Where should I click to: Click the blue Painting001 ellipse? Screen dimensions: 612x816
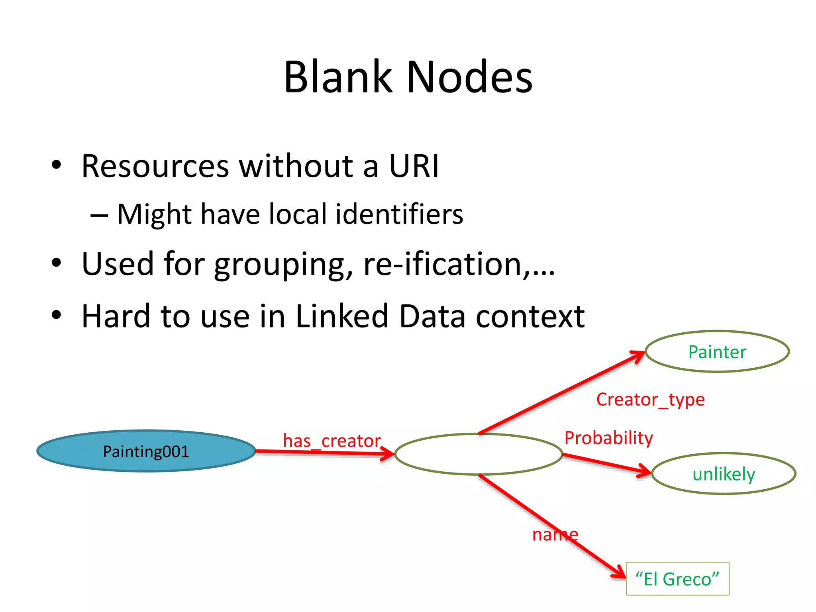(x=146, y=451)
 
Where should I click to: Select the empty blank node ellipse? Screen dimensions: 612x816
(x=478, y=454)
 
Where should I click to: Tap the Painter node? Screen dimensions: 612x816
(x=717, y=352)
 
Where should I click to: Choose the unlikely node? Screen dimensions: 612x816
(x=724, y=474)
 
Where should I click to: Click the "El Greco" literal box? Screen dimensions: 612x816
(x=677, y=579)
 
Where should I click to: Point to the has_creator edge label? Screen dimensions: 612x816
(x=331, y=441)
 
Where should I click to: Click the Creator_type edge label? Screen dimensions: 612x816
(x=650, y=399)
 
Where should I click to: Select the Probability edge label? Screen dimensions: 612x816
(x=608, y=437)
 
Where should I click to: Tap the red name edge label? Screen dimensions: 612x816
(x=555, y=534)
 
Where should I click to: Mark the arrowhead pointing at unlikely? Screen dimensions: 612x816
(x=645, y=472)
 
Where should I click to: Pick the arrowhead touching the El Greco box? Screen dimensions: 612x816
(x=619, y=572)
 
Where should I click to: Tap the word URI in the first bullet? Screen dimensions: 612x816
(x=414, y=166)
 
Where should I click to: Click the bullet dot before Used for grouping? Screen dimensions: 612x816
(x=57, y=263)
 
